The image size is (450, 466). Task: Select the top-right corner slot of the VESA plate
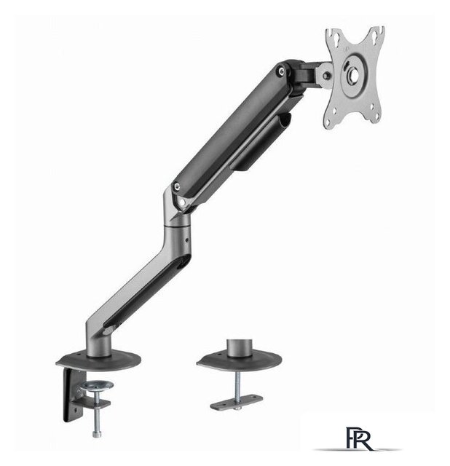(375, 34)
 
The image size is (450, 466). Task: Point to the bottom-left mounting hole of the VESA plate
(330, 121)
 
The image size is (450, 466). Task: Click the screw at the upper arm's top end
(280, 71)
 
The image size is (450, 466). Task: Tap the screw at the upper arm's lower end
(177, 186)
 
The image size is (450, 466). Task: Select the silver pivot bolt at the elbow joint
(182, 202)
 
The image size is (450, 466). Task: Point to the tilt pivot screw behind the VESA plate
(327, 76)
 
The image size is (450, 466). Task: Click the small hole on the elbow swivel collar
(186, 240)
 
